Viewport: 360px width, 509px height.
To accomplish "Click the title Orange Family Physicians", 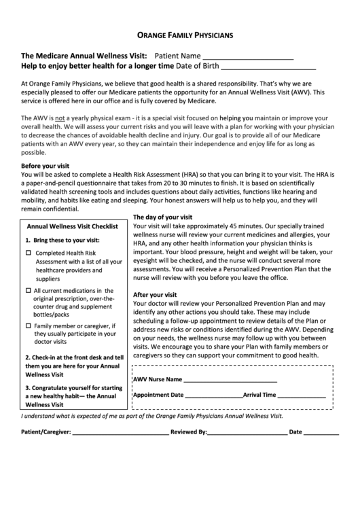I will pos(180,33).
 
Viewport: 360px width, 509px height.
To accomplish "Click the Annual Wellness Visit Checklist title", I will pos(73,226).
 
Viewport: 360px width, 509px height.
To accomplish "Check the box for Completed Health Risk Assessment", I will pos(29,253).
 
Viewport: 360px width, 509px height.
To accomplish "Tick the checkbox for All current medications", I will pos(29,291).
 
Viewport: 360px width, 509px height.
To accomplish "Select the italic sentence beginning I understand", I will pos(152,415).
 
